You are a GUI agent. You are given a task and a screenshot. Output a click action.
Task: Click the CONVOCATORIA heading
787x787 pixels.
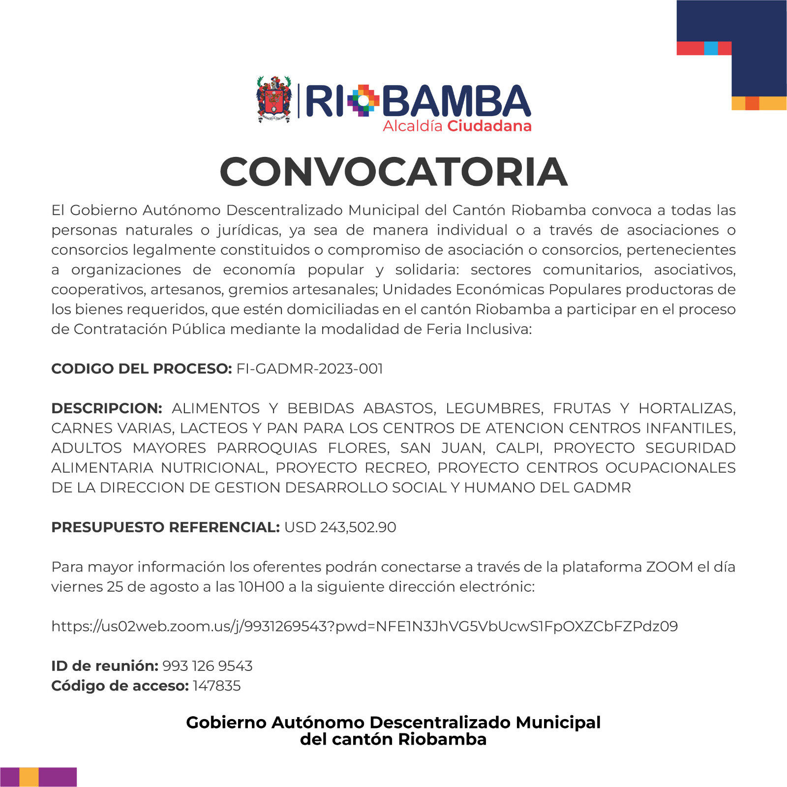pyautogui.click(x=393, y=172)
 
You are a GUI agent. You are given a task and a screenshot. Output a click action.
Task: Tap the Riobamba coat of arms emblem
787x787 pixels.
pyautogui.click(x=274, y=99)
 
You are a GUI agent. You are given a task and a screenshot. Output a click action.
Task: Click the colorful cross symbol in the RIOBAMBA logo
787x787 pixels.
pyautogui.click(x=363, y=100)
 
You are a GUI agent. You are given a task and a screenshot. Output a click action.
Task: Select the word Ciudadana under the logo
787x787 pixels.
pyautogui.click(x=489, y=126)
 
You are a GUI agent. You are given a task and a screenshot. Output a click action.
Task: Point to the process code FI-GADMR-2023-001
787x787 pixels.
pyautogui.click(x=309, y=369)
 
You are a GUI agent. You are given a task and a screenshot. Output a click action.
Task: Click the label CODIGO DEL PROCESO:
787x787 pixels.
pyautogui.click(x=141, y=369)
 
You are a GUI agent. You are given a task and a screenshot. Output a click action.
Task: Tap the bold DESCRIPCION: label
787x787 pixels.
pyautogui.click(x=106, y=408)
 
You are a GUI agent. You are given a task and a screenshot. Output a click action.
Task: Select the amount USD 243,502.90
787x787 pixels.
pyautogui.click(x=340, y=527)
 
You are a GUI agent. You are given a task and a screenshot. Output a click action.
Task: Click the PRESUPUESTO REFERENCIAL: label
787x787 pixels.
pyautogui.click(x=165, y=527)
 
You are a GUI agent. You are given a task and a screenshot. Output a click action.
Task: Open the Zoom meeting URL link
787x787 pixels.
pyautogui.click(x=364, y=626)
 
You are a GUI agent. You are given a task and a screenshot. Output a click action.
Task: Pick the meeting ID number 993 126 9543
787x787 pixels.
pyautogui.click(x=207, y=666)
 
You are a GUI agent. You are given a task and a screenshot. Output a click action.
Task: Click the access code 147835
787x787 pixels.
pyautogui.click(x=216, y=686)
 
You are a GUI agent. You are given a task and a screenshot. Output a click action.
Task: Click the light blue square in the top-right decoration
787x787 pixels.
pyautogui.click(x=711, y=48)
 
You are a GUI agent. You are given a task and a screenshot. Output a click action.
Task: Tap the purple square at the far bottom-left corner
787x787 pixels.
pyautogui.click(x=9, y=777)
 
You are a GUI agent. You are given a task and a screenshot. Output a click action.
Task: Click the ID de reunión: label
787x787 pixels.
pyautogui.click(x=104, y=666)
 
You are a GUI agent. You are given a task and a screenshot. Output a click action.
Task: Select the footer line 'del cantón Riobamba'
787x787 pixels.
pyautogui.click(x=393, y=739)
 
